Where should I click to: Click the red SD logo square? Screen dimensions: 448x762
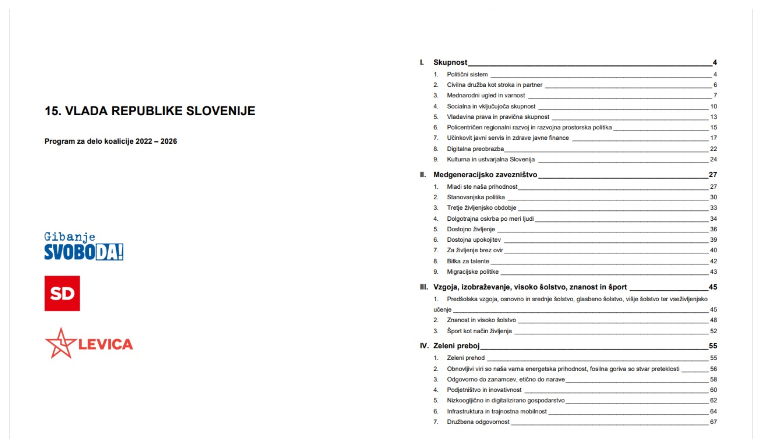click(x=62, y=293)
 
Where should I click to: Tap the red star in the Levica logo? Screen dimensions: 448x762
click(x=60, y=343)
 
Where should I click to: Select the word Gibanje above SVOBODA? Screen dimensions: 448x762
click(x=70, y=237)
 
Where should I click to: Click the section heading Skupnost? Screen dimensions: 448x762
click(x=450, y=62)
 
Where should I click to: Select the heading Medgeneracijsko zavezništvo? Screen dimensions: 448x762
click(x=485, y=175)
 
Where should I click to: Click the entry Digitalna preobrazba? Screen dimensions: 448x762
click(x=475, y=149)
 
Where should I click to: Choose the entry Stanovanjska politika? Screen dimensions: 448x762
click(x=476, y=197)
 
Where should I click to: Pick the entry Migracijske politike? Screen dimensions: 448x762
click(x=473, y=272)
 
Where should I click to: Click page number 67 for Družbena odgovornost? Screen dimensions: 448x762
click(x=713, y=422)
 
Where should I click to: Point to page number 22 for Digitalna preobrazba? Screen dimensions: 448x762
click(x=713, y=149)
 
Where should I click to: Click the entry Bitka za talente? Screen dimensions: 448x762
click(x=468, y=261)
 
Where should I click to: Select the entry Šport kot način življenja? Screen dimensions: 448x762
click(x=479, y=331)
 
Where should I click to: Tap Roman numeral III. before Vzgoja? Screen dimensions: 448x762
click(x=424, y=287)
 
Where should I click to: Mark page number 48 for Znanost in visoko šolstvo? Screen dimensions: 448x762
click(x=713, y=320)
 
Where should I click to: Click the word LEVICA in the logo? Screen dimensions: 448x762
click(x=105, y=344)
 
